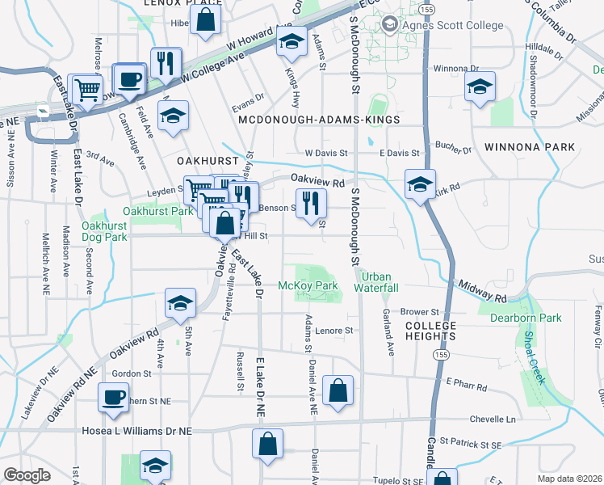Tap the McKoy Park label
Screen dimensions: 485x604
308,286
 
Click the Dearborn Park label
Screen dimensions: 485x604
526,318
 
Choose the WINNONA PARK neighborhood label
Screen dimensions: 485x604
530,147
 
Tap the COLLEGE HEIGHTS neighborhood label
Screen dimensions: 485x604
430,331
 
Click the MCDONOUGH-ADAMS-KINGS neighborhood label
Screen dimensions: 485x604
320,120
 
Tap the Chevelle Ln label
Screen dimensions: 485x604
493,420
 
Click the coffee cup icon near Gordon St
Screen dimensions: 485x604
113,397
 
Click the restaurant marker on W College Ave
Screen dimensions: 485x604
166,62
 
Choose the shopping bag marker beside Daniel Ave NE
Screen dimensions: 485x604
337,390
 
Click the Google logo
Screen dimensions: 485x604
27,475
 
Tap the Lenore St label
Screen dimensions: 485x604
335,331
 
